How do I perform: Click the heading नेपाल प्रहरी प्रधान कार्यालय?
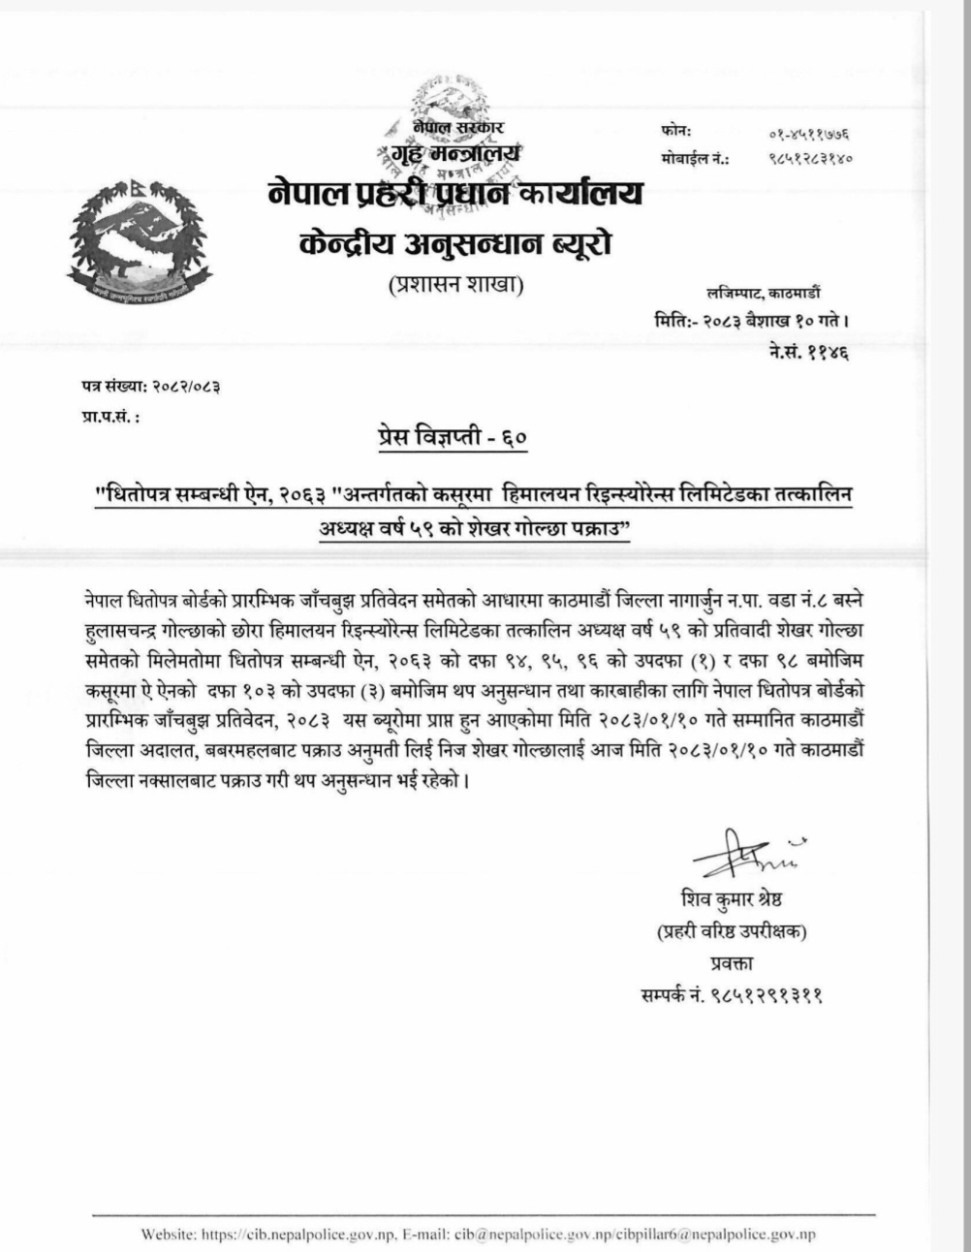[x=455, y=193]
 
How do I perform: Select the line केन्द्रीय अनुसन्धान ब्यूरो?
[x=455, y=243]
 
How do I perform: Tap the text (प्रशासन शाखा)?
[x=455, y=288]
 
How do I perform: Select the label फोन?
[x=676, y=132]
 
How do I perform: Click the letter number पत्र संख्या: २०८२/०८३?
[x=150, y=386]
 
